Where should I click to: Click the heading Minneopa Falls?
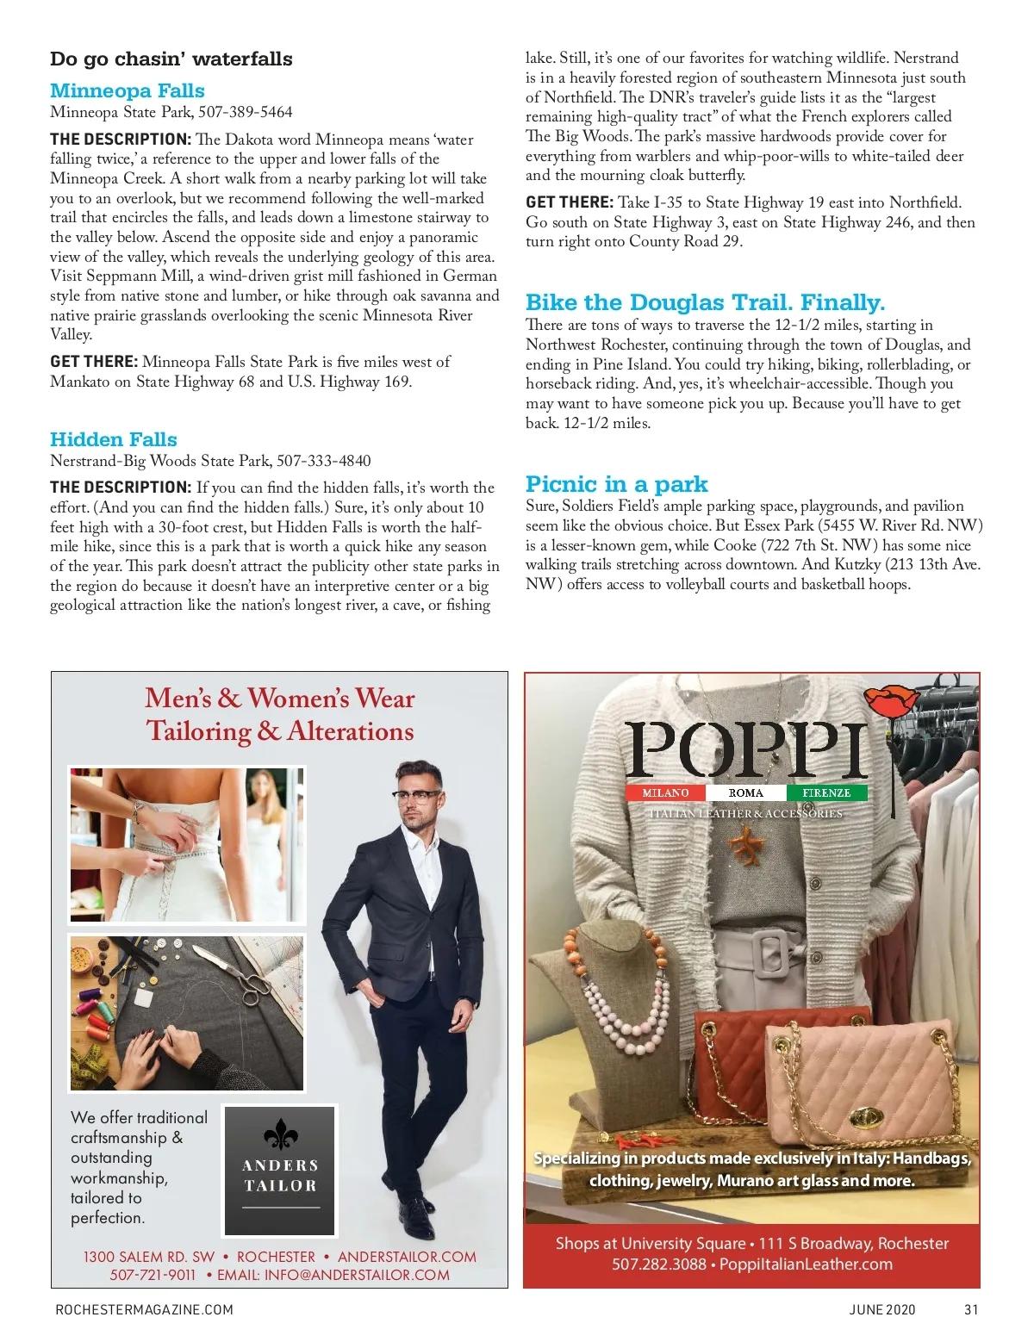(128, 90)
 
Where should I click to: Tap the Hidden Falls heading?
(114, 439)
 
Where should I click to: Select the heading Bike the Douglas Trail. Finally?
(706, 302)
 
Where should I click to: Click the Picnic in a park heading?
(617, 483)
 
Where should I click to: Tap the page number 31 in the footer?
(971, 1309)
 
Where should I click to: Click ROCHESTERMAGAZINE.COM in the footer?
(144, 1309)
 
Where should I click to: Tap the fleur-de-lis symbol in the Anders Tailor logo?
(280, 1134)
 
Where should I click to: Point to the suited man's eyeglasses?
(418, 794)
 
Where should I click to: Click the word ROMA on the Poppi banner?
(745, 792)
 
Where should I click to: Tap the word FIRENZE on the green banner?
(826, 792)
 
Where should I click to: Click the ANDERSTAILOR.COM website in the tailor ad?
(407, 1257)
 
